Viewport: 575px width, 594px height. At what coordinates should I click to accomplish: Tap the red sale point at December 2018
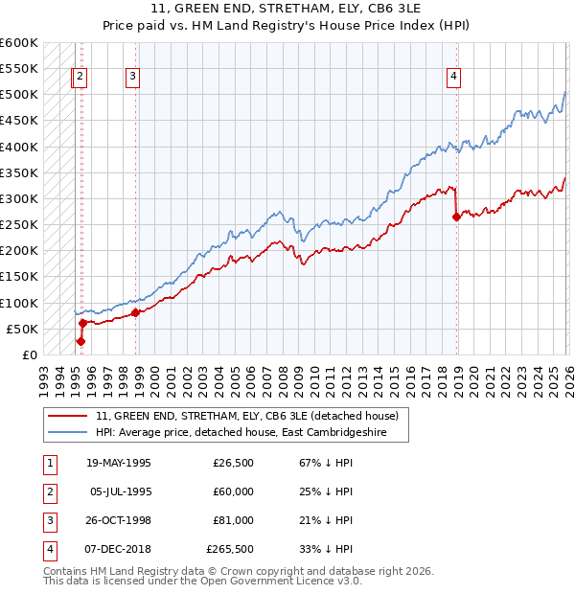coord(456,217)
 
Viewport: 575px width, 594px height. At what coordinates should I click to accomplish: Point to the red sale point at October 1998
coord(136,312)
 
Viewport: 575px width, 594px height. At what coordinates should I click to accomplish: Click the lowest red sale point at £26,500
coord(81,340)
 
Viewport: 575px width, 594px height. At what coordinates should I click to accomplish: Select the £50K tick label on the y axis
coord(22,329)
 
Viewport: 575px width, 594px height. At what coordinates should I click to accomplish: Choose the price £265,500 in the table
coord(230,549)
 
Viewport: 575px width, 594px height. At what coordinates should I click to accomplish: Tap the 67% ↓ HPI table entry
coord(319,463)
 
